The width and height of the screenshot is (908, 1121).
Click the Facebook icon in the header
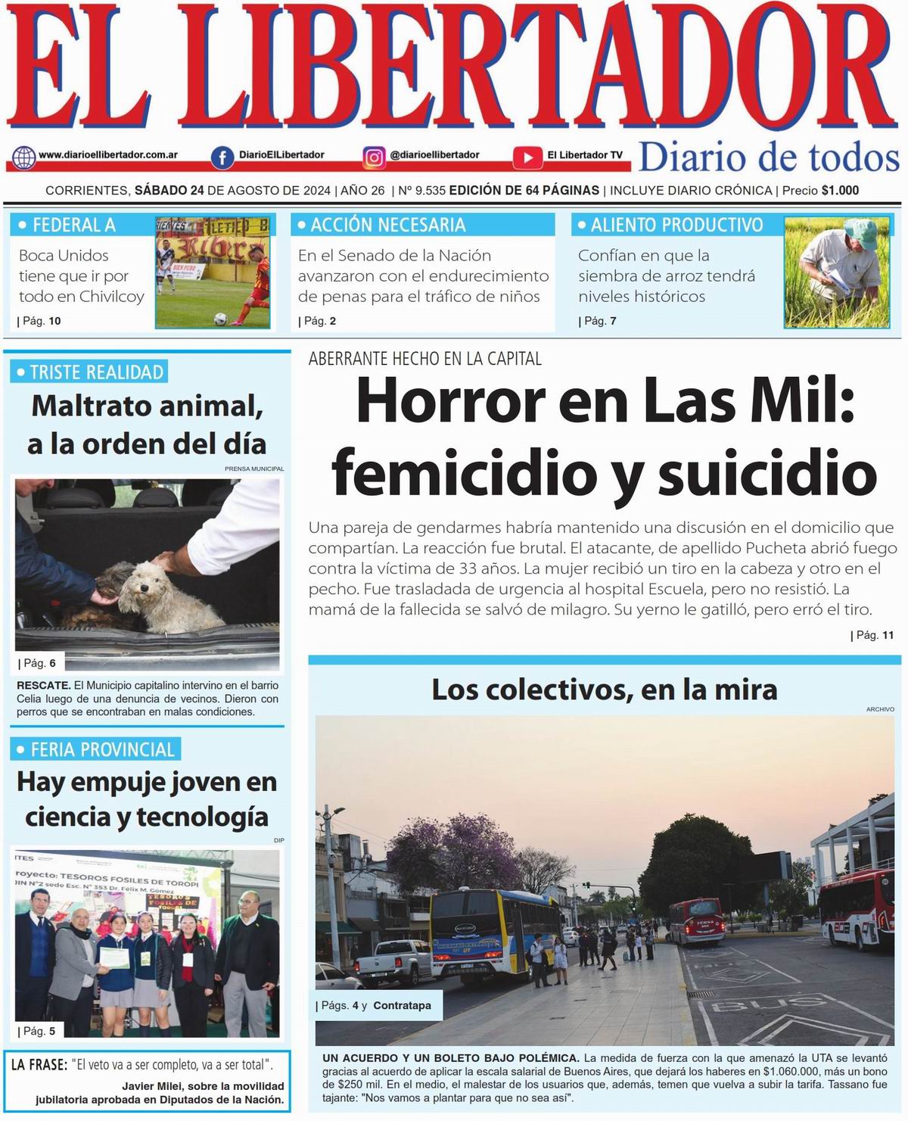click(222, 157)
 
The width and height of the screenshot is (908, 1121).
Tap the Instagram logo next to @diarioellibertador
click(374, 157)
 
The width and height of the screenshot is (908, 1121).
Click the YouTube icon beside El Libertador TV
click(527, 157)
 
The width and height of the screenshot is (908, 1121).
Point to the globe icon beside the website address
click(23, 157)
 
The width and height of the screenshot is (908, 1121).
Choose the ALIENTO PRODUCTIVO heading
click(676, 225)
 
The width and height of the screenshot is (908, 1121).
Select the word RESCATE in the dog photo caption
click(43, 686)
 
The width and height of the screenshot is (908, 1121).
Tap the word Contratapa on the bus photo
click(402, 1006)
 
